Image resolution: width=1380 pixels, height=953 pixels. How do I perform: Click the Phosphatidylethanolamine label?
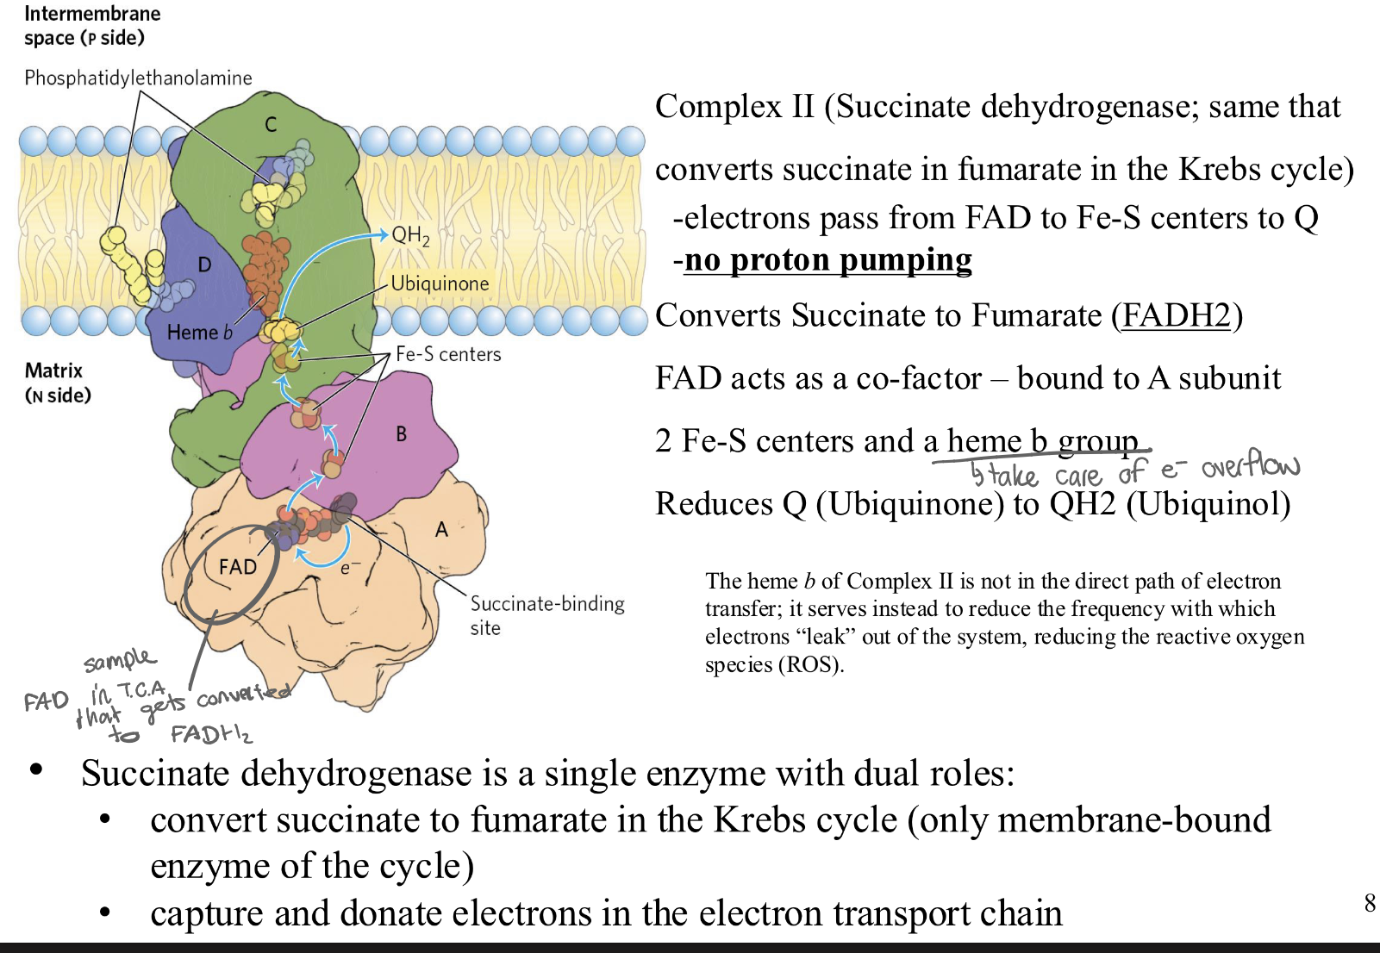click(138, 78)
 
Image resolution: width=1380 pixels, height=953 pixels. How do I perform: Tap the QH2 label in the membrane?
click(410, 235)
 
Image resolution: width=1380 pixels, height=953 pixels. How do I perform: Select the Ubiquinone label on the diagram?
click(440, 283)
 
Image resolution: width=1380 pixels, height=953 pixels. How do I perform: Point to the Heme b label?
click(199, 333)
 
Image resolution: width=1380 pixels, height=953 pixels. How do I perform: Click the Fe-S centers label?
click(448, 354)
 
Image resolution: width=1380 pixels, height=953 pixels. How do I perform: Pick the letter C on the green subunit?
click(271, 125)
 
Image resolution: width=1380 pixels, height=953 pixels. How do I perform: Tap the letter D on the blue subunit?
click(204, 265)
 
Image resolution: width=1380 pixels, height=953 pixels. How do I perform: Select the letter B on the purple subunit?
click(401, 434)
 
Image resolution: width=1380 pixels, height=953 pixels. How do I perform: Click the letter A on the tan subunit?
click(441, 530)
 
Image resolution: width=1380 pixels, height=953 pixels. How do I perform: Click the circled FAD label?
click(238, 567)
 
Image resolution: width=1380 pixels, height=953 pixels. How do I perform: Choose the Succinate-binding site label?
click(546, 615)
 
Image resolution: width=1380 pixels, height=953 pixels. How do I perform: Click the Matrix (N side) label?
click(57, 383)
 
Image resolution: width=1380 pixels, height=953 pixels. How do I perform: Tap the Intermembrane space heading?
click(91, 25)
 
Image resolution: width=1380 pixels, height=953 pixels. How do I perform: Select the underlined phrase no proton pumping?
click(827, 259)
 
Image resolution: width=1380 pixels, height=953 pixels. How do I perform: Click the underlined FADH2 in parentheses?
click(1177, 315)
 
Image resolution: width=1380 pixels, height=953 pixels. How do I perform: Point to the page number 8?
click(1370, 903)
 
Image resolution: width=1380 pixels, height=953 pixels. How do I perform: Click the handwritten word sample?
click(120, 660)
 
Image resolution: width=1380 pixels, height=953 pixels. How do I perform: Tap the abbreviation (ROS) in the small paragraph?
click(810, 664)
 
